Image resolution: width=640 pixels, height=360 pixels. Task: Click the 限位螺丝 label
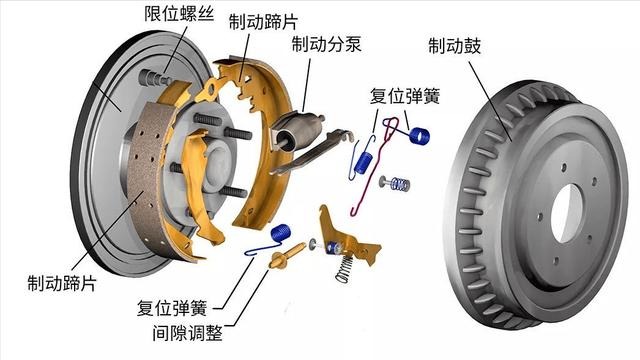coord(179,13)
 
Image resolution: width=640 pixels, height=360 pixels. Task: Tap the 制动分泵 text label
coord(327,43)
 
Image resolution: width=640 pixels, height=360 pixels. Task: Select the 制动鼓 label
coord(455,46)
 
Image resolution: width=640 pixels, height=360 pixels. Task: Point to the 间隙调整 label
coord(188,333)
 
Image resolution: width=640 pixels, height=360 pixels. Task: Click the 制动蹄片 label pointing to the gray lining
coord(62,283)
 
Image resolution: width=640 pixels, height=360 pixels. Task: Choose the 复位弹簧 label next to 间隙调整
coord(172,308)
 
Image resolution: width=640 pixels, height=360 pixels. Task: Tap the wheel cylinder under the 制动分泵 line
coord(298,130)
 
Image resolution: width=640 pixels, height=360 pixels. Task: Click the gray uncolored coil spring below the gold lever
coord(345,268)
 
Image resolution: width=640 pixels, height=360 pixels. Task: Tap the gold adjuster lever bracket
coord(347,237)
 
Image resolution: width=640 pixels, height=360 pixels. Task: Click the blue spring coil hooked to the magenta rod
coord(420,136)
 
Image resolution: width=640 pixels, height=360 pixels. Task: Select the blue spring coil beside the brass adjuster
coord(281,233)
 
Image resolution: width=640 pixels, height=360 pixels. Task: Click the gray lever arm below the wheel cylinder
coord(311,152)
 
